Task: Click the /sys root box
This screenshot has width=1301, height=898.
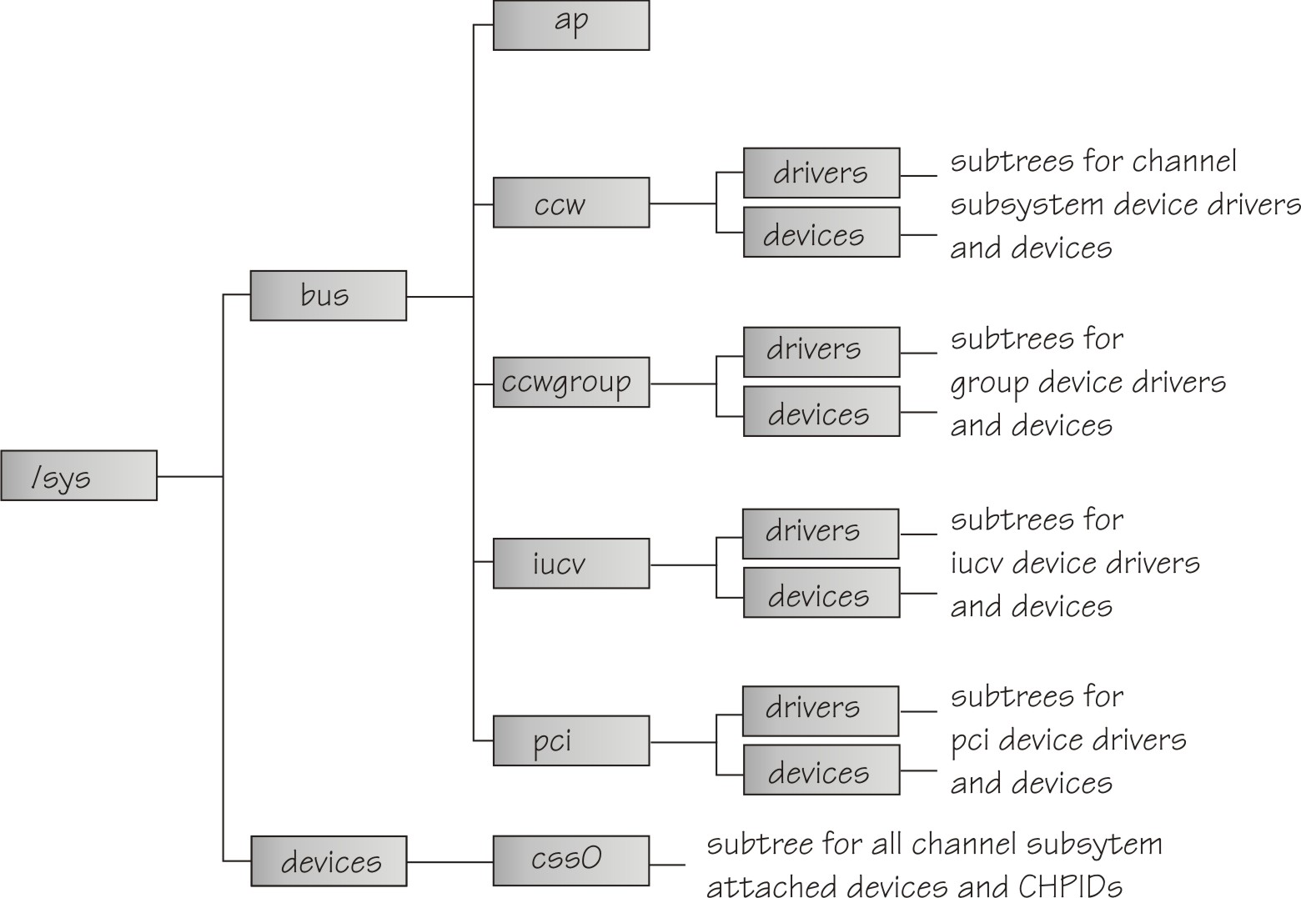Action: click(x=78, y=476)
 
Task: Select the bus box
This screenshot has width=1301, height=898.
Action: click(x=328, y=295)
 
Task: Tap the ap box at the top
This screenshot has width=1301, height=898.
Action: click(x=571, y=25)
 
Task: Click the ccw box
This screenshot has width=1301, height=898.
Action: click(x=571, y=203)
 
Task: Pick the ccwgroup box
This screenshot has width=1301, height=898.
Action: click(x=571, y=383)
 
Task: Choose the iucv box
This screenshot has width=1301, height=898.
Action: click(x=571, y=564)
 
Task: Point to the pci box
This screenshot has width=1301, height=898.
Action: click(x=571, y=740)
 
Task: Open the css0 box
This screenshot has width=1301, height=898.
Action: click(x=571, y=860)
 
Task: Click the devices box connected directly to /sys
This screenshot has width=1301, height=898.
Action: click(x=328, y=860)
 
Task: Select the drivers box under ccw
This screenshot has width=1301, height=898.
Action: click(x=821, y=173)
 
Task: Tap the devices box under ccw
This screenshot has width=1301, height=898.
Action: click(x=821, y=233)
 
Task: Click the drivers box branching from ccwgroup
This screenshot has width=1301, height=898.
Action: click(x=821, y=352)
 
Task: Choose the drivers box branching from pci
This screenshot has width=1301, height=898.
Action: click(x=820, y=710)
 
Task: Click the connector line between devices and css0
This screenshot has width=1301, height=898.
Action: click(x=450, y=861)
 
